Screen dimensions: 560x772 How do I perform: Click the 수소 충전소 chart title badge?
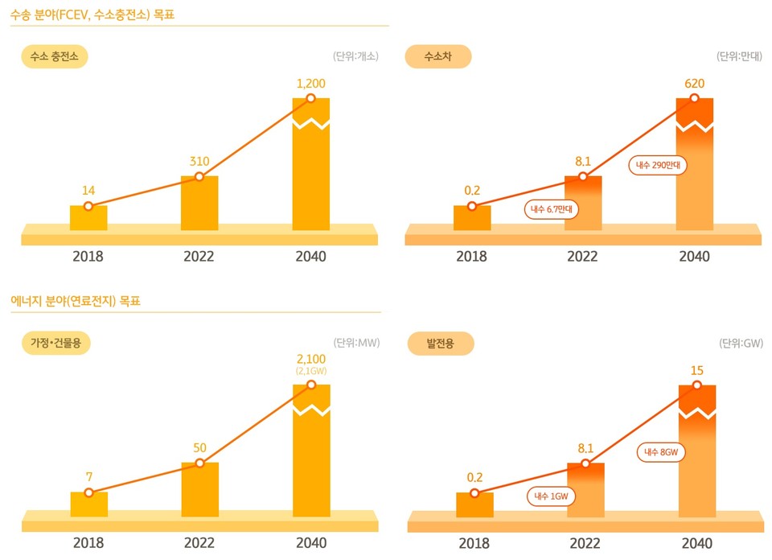(x=55, y=56)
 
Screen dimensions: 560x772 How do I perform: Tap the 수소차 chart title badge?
(x=437, y=56)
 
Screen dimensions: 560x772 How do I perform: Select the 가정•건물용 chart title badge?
(x=55, y=343)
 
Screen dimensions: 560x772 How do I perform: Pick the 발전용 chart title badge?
(x=440, y=344)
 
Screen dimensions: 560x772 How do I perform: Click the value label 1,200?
(x=311, y=83)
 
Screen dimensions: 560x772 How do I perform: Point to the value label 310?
(x=199, y=161)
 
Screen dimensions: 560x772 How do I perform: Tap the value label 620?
(x=695, y=83)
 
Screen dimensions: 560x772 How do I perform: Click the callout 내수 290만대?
(x=658, y=166)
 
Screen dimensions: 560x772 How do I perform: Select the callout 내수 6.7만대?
(x=552, y=209)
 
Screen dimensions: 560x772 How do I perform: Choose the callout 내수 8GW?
(x=663, y=452)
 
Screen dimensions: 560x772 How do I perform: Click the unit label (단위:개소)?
(x=355, y=56)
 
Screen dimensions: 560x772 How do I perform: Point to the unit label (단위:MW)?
(x=356, y=343)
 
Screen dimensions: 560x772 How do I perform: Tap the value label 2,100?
(x=311, y=358)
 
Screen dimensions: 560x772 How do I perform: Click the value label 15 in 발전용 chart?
(x=697, y=370)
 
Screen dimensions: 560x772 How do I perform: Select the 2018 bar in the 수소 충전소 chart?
(x=88, y=218)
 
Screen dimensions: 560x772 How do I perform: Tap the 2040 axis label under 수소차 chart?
(x=695, y=257)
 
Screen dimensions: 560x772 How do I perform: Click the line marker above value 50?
(x=199, y=463)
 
